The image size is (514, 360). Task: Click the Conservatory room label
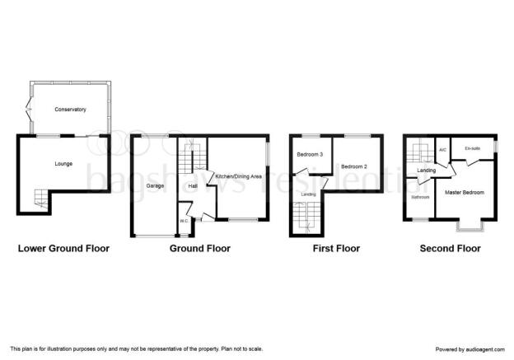(x=70, y=110)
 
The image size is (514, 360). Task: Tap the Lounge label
(x=63, y=164)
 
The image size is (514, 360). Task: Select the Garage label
(x=155, y=186)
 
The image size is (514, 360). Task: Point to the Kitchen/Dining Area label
(x=238, y=176)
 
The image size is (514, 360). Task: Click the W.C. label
(x=184, y=221)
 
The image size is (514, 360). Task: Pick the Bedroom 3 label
(x=310, y=154)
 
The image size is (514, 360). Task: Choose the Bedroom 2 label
(x=354, y=166)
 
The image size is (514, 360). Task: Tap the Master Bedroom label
(x=465, y=193)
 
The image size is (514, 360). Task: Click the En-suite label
(x=472, y=148)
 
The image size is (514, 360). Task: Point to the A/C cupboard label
(x=442, y=150)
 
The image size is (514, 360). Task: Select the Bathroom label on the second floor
(x=420, y=197)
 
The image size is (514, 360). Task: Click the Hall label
(x=193, y=186)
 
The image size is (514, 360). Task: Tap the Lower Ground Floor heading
(x=63, y=249)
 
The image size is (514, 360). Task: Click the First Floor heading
(x=336, y=249)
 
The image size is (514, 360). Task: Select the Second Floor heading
(x=450, y=249)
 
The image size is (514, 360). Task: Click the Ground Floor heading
(x=200, y=249)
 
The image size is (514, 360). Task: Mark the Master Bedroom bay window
(x=470, y=230)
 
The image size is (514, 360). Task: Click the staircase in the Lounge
(x=42, y=199)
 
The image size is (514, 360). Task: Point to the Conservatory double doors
(x=30, y=110)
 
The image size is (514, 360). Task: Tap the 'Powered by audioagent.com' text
(x=470, y=349)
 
